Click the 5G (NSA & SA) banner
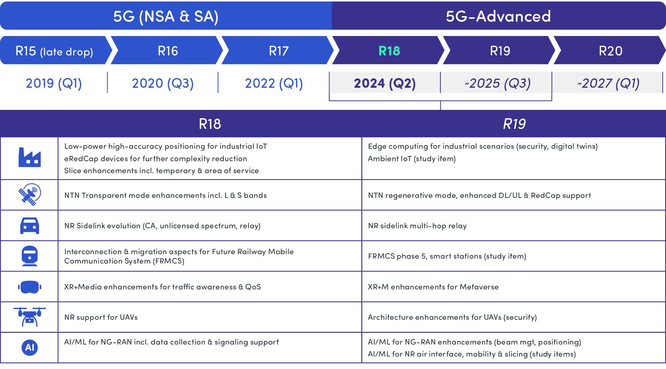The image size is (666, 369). [x=166, y=16]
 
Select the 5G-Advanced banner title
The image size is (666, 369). [x=498, y=16]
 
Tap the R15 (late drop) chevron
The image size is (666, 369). [x=56, y=50]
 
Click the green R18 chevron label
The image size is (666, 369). [x=389, y=51]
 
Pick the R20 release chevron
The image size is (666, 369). [x=610, y=50]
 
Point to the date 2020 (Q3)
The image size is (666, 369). [x=163, y=83]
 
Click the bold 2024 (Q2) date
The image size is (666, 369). [x=385, y=83]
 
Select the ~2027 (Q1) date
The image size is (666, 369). [x=608, y=83]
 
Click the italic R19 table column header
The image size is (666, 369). [x=514, y=124]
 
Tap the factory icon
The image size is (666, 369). [x=30, y=157]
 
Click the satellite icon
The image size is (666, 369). [x=30, y=195]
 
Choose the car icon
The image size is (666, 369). [x=30, y=225]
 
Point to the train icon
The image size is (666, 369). [x=30, y=256]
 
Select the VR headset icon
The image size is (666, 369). [x=30, y=287]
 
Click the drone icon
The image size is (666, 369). [x=30, y=317]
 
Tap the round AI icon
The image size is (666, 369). [x=30, y=348]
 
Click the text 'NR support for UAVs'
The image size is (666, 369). [x=101, y=317]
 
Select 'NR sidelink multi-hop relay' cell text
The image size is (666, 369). [x=417, y=226]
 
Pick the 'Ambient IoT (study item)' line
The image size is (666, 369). [x=412, y=159]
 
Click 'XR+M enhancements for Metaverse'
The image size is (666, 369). [x=433, y=287]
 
